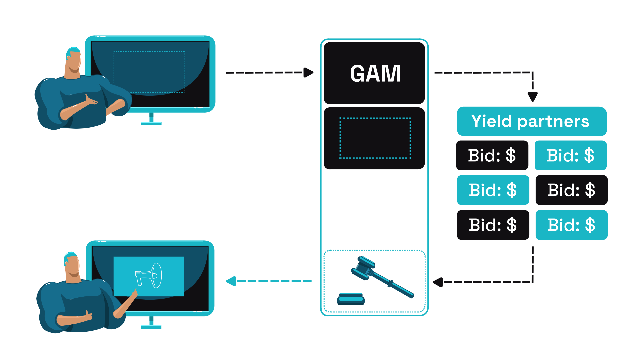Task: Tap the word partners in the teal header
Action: [553, 122]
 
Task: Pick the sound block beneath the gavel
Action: [351, 299]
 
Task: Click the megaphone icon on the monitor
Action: [149, 276]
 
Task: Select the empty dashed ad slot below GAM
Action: [375, 138]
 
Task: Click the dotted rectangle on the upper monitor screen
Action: [149, 72]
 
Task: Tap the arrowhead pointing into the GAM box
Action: [308, 72]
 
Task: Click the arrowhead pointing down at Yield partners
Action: [532, 97]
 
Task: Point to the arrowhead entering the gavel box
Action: [438, 282]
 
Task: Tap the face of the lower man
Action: [73, 267]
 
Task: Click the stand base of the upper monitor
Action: [151, 123]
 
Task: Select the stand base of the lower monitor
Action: [151, 327]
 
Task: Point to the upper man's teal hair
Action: [72, 51]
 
